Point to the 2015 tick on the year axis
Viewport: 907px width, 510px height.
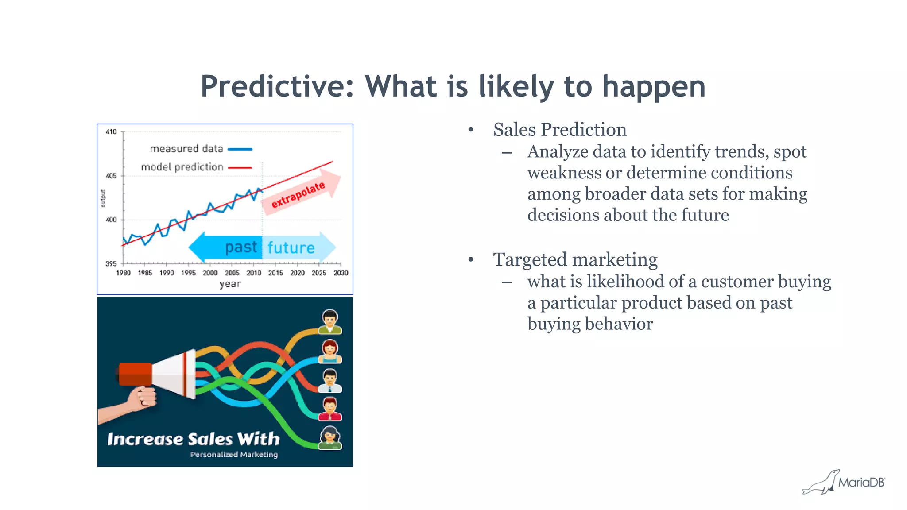pos(275,273)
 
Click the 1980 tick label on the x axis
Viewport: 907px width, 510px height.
pos(123,273)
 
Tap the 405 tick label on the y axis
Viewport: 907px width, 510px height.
pos(111,176)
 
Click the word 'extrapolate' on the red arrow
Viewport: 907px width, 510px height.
pos(298,195)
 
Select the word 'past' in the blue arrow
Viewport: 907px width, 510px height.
pos(240,247)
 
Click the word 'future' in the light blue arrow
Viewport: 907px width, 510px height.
pos(291,247)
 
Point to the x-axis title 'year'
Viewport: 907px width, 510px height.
pos(230,283)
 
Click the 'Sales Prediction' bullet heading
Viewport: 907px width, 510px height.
pos(560,130)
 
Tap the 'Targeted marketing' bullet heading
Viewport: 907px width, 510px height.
pos(575,259)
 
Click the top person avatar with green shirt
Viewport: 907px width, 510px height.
pos(330,322)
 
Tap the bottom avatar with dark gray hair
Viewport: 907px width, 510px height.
pos(330,438)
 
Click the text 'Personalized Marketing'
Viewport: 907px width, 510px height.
pos(234,454)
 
